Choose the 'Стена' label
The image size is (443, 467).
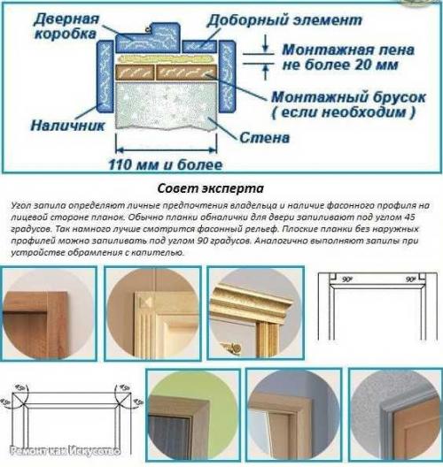click(x=261, y=138)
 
